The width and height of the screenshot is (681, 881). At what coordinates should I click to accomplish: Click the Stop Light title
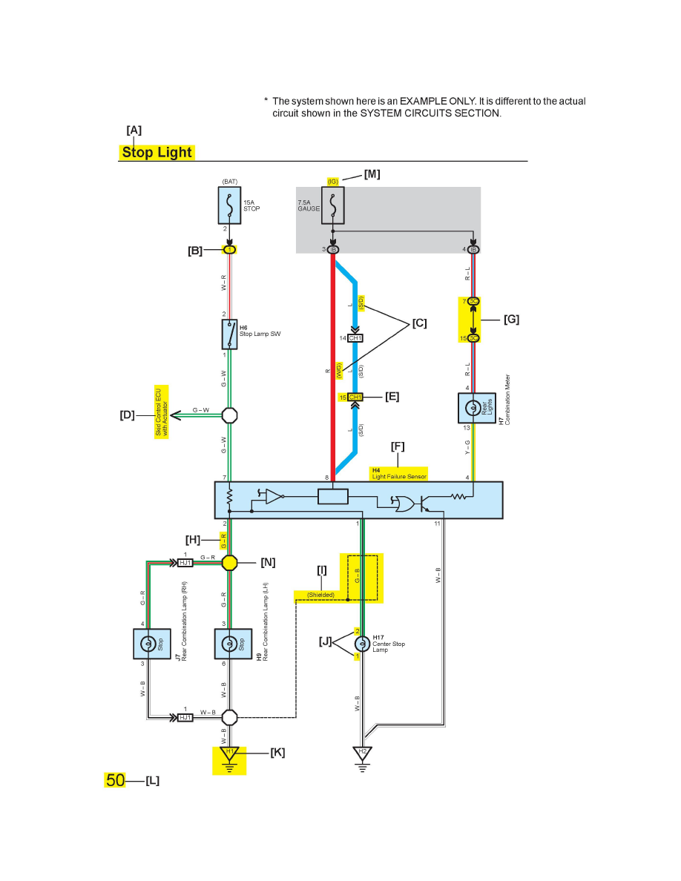click(x=157, y=153)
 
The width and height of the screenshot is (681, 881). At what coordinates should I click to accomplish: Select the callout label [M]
click(x=372, y=174)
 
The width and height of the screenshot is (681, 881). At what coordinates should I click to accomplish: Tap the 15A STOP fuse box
click(x=229, y=205)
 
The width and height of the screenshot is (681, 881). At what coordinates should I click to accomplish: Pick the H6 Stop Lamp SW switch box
click(x=229, y=334)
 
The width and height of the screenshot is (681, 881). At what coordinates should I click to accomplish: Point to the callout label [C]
click(x=419, y=323)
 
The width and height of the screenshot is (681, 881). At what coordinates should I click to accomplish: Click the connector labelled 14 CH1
click(x=355, y=338)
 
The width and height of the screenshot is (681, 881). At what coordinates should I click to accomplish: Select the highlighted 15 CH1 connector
click(x=355, y=397)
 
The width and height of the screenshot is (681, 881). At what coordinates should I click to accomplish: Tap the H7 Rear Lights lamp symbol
click(x=471, y=408)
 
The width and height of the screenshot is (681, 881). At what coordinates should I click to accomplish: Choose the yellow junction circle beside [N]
click(x=230, y=563)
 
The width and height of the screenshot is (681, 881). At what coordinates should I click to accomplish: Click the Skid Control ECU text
click(x=162, y=412)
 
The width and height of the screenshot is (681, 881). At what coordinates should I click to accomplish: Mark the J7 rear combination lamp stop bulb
click(x=148, y=643)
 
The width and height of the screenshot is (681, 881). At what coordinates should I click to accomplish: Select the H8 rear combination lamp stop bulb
click(x=229, y=643)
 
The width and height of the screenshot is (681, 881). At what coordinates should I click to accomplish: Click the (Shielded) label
click(x=320, y=595)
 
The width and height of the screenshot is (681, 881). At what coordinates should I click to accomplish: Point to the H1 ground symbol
click(x=229, y=755)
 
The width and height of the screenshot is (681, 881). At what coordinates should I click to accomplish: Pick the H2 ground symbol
click(x=362, y=754)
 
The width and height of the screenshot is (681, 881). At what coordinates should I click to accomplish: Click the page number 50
click(x=115, y=780)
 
